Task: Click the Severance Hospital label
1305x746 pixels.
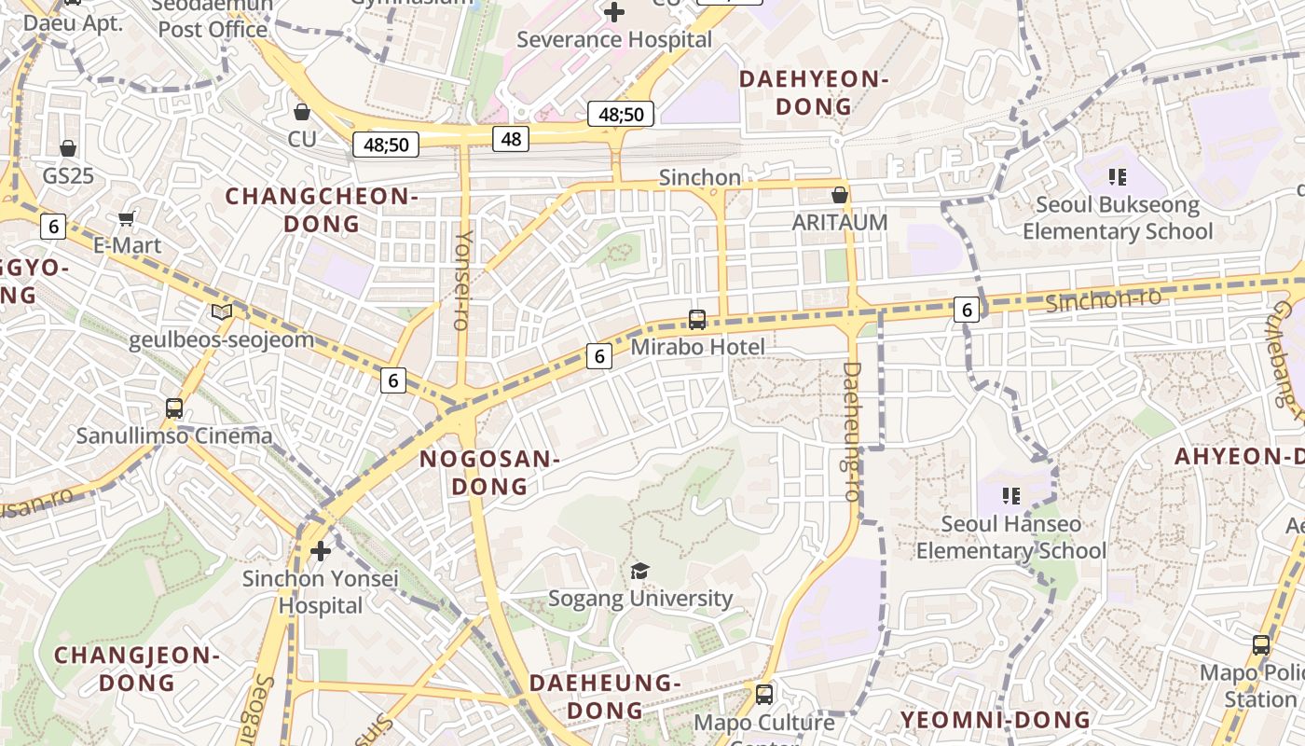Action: tap(613, 40)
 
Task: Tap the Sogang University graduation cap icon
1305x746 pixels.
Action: tap(639, 571)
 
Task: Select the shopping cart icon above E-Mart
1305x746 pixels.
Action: tap(127, 218)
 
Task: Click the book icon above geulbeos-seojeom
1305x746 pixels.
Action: tap(221, 312)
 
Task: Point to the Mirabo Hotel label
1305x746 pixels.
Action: tap(697, 347)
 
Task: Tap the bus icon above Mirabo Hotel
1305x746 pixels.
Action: tap(696, 320)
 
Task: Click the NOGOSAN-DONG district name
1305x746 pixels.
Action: tap(489, 472)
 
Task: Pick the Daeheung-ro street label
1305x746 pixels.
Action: tap(851, 431)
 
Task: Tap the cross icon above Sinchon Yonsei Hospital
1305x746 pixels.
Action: tap(321, 551)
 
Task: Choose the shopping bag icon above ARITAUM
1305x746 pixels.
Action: tap(839, 195)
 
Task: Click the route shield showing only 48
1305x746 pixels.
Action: tap(511, 139)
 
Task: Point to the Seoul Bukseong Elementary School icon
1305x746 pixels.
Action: tap(1117, 176)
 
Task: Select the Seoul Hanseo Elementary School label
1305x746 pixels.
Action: tap(1010, 537)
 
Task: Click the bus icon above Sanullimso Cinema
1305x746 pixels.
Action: tap(174, 408)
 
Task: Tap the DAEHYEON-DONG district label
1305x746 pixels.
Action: tap(814, 92)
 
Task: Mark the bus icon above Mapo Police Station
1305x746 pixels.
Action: tap(1261, 645)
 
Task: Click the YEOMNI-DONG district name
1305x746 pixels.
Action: tap(995, 720)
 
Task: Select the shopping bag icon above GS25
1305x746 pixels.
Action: tap(68, 148)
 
